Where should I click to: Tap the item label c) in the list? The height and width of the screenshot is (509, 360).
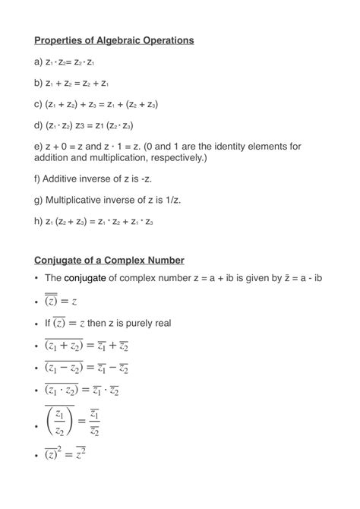(39, 103)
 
